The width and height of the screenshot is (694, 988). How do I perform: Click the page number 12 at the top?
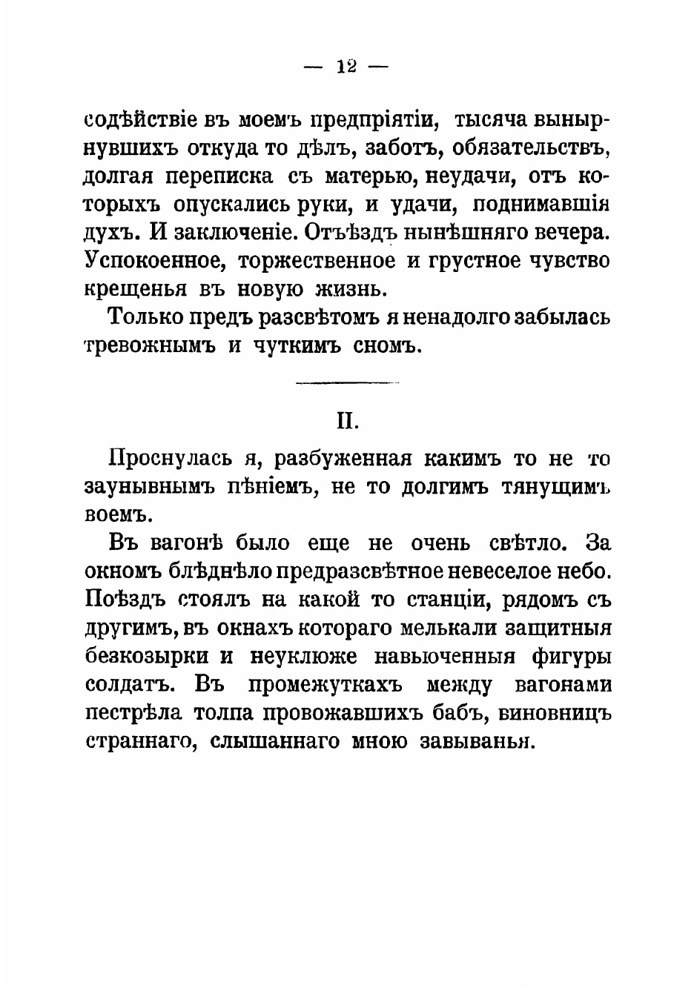coord(346,66)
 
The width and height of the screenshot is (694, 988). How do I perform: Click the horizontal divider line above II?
coord(347,382)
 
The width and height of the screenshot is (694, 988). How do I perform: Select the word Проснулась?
coord(171,459)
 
